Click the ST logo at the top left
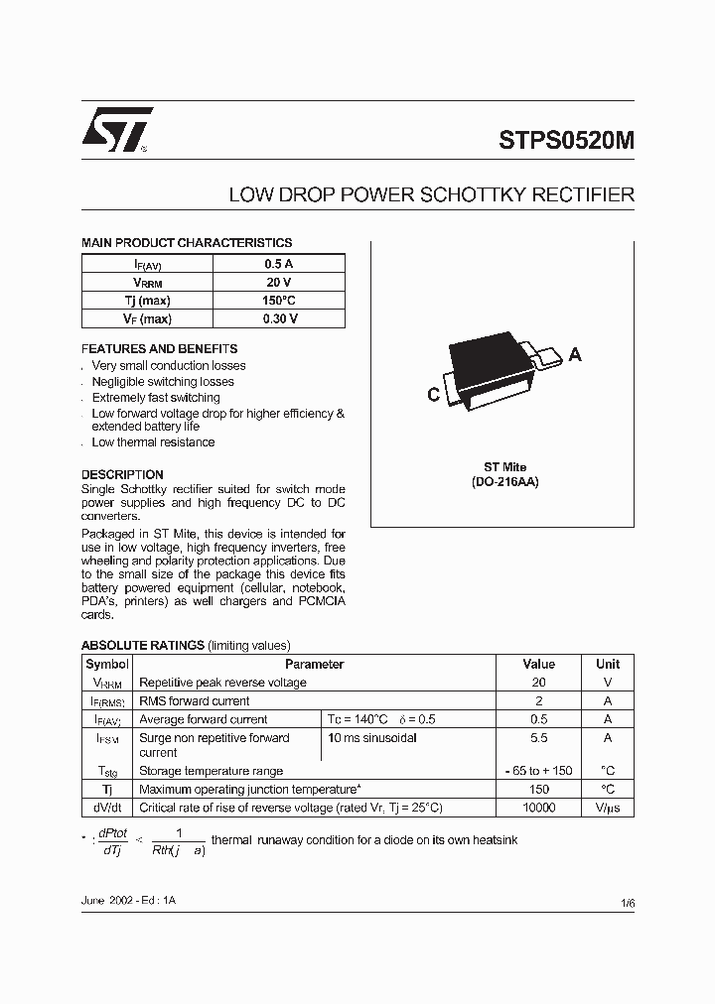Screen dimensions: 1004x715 click(x=117, y=129)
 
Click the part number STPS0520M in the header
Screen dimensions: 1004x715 click(x=566, y=141)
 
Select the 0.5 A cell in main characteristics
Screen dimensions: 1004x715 click(x=278, y=264)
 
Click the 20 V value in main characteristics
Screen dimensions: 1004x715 click(x=278, y=282)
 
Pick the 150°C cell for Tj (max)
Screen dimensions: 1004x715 click(x=278, y=301)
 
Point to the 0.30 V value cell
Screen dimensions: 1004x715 click(x=278, y=318)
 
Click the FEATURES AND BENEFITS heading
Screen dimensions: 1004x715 click(x=159, y=349)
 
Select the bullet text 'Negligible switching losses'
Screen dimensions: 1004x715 click(x=163, y=382)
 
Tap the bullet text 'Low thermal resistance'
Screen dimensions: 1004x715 click(x=153, y=442)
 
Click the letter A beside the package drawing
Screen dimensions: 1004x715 click(x=575, y=355)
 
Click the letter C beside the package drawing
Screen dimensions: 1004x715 click(x=433, y=395)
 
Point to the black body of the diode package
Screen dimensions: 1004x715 click(x=491, y=359)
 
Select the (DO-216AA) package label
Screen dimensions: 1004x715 click(x=504, y=481)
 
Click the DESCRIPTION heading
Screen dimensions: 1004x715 click(x=122, y=474)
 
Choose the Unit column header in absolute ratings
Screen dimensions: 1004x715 click(x=607, y=664)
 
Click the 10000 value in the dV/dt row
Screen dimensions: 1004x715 click(x=538, y=808)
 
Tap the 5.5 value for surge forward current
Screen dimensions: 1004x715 click(x=538, y=738)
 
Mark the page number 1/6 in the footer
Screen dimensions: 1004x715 click(x=626, y=903)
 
